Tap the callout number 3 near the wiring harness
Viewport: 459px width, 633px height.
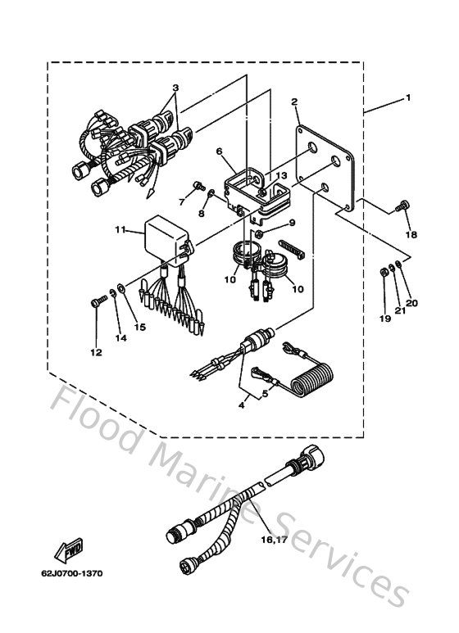(x=175, y=88)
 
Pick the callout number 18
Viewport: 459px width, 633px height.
(x=411, y=235)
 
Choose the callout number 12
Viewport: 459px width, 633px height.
(x=96, y=352)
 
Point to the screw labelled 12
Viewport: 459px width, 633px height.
(x=96, y=303)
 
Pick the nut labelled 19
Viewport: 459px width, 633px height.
(x=384, y=272)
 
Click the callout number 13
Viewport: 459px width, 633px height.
(x=280, y=175)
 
